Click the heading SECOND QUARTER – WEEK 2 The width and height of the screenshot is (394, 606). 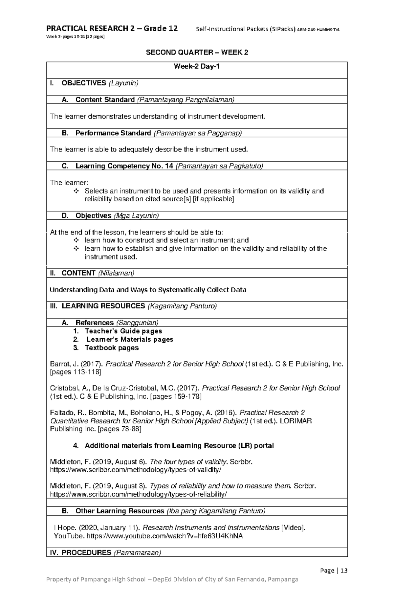click(x=197, y=53)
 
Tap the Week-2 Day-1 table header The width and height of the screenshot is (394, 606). click(x=197, y=67)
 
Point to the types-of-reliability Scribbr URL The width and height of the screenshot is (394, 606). click(x=138, y=494)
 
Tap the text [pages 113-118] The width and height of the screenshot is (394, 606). click(x=76, y=372)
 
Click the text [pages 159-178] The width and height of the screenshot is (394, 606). click(x=176, y=396)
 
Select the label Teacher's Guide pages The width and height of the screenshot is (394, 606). click(x=123, y=331)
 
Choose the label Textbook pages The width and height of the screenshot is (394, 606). click(x=112, y=348)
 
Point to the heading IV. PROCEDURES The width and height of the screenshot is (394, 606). click(x=80, y=552)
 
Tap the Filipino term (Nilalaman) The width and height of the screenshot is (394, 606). click(x=116, y=273)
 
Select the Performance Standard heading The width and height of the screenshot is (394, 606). click(x=113, y=133)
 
